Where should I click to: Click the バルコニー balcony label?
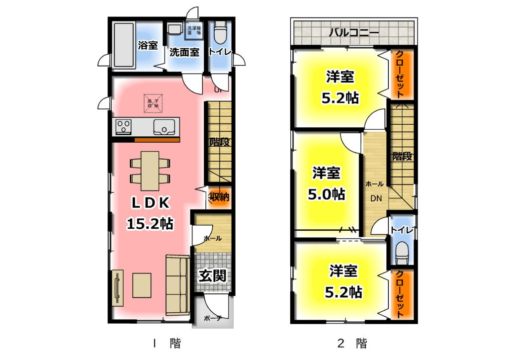pos(353,34)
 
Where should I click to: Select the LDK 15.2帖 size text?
pos(150,224)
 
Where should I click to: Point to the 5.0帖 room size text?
pos(327,193)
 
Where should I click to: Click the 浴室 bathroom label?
pos(147,46)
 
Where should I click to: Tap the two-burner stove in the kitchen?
pos(123,127)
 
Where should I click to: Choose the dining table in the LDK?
pos(150,171)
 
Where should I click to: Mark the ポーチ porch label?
pos(212,317)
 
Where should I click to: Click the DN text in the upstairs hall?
pos(375,198)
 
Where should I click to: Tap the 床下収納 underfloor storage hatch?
pos(153,103)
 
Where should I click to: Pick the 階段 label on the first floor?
pos(219,142)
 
